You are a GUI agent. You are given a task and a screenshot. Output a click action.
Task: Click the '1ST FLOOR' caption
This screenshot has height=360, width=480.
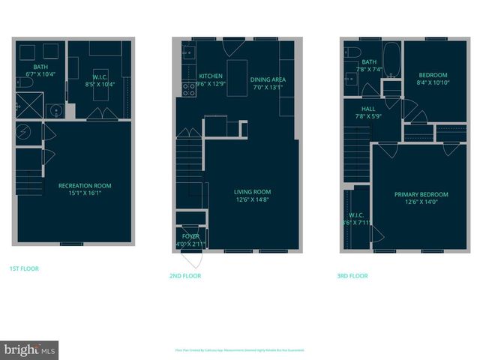(24, 268)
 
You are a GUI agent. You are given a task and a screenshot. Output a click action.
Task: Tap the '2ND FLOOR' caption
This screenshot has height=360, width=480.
(185, 276)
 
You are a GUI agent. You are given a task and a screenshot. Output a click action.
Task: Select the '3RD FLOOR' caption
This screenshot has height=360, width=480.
(352, 276)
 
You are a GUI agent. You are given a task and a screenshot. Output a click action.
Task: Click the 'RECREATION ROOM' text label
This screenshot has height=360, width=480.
(85, 185)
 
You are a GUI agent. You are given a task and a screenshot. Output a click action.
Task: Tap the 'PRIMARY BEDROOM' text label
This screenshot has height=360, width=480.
(421, 194)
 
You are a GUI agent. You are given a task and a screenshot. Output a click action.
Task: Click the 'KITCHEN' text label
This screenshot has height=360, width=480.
(211, 76)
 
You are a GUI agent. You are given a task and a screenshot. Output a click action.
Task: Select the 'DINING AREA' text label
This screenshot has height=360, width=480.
(268, 79)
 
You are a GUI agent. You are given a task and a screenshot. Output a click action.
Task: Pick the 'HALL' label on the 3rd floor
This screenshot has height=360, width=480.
(368, 108)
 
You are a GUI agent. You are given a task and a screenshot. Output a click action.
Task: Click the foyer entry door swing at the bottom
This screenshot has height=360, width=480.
(193, 259)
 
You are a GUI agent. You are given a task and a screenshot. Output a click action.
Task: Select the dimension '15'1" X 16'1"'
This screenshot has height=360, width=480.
(85, 193)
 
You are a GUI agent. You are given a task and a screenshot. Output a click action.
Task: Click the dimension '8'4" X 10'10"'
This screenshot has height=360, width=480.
(432, 82)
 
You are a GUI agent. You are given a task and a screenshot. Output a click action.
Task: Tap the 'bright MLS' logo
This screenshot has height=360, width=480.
(30, 349)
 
